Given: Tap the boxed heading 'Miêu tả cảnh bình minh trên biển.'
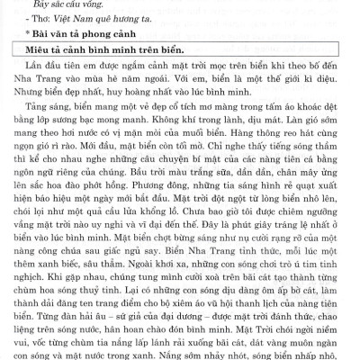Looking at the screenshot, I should tap(109, 54).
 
